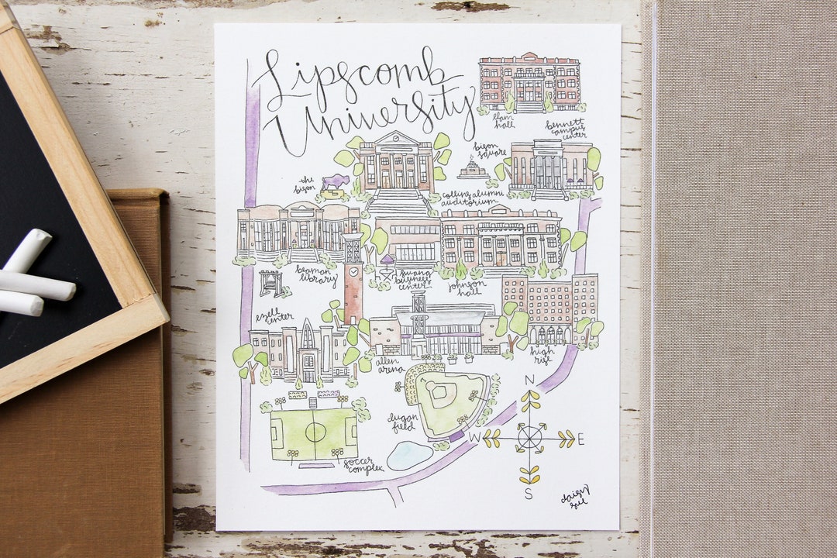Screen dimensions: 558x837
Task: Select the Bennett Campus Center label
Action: (565, 129)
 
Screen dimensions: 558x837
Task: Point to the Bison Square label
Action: (491, 151)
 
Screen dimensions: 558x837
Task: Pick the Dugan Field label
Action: (403, 422)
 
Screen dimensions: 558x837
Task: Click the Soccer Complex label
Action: (364, 465)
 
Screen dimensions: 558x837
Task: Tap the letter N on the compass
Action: (530, 380)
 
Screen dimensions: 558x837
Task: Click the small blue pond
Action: (409, 456)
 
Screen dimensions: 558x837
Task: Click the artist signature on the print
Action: (575, 496)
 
